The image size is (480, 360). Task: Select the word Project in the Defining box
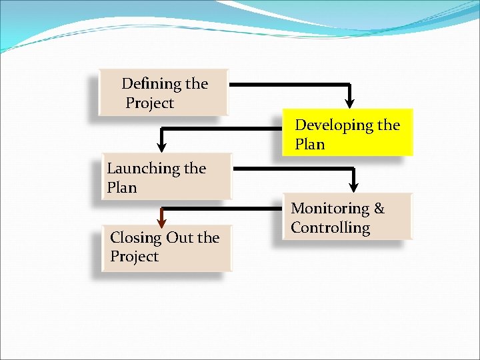point(149,103)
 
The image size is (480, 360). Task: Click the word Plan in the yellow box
point(309,145)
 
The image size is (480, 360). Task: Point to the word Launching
point(138,169)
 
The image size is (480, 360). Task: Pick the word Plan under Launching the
point(121,188)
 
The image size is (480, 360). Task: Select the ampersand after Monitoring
point(379,209)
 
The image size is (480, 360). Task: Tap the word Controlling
point(330,228)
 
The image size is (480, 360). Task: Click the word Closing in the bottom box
point(136,238)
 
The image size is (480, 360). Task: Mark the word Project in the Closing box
point(134,257)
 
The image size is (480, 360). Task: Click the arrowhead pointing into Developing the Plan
point(349,103)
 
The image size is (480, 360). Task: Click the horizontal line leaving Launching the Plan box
point(293,168)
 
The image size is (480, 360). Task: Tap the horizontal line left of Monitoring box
point(227,209)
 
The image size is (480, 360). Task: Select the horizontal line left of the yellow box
point(220,130)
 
